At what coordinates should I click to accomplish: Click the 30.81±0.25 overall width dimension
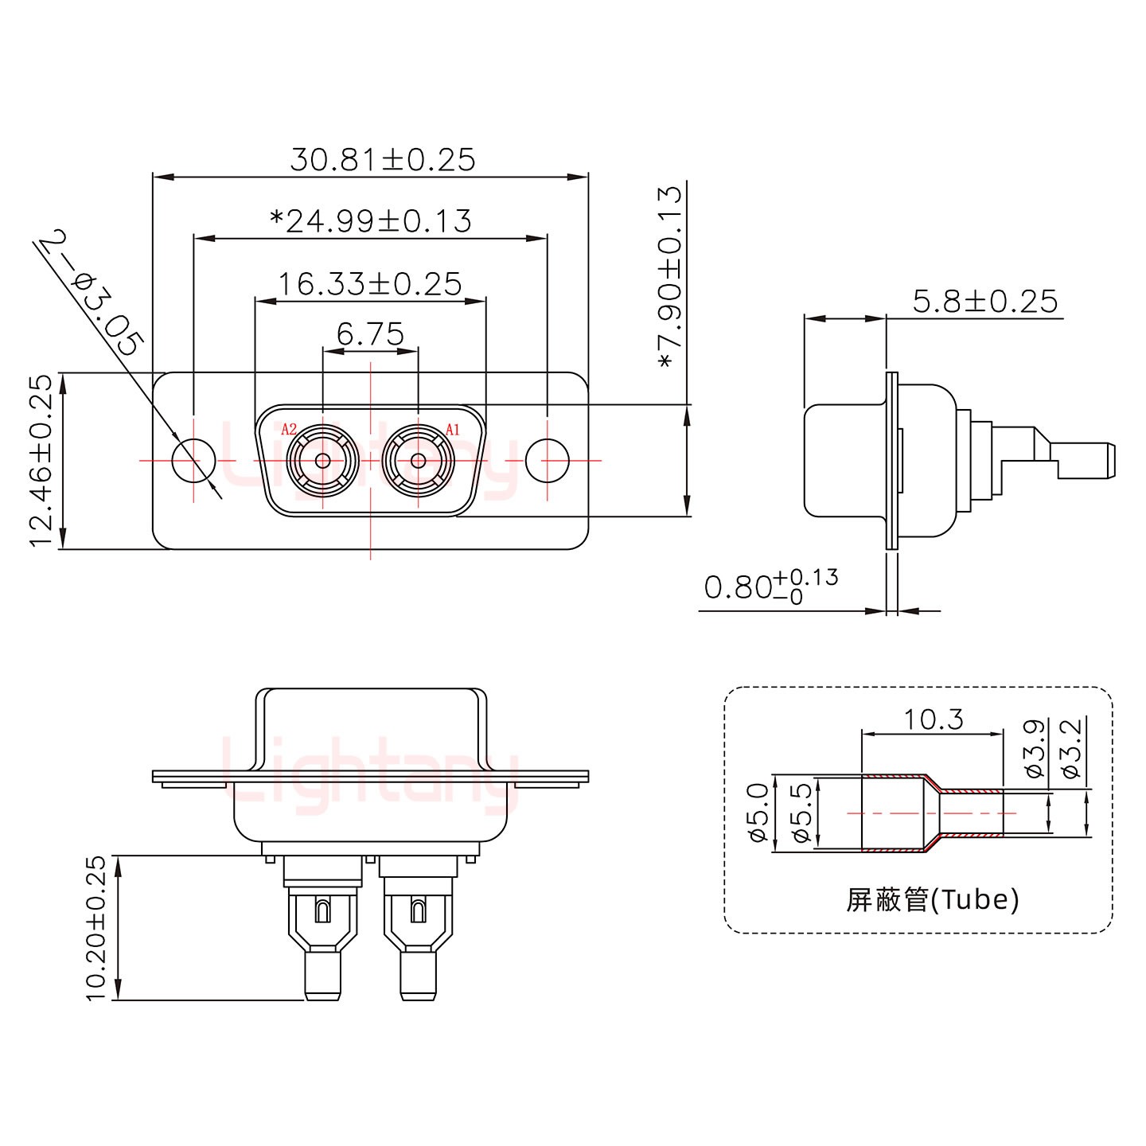pos(382,160)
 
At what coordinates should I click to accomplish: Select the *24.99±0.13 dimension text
pos(371,220)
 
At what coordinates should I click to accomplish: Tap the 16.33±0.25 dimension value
pos(370,283)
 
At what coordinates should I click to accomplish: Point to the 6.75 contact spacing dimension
pos(370,335)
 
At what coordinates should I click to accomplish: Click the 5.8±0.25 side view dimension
pos(985,302)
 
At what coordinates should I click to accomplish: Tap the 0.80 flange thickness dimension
pos(770,587)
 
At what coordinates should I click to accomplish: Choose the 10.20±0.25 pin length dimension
pos(95,928)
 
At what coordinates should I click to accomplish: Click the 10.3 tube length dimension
pos(933,719)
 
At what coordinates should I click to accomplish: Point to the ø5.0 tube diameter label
pos(758,813)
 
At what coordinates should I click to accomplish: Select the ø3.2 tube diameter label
pos(1070,749)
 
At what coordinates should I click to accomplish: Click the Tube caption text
pos(932,900)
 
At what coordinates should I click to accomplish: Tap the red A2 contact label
pos(290,430)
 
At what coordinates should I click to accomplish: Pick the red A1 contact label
pos(452,430)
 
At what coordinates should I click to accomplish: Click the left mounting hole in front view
pos(194,461)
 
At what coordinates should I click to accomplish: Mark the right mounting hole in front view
pos(548,461)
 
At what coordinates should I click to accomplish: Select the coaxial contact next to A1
pos(417,461)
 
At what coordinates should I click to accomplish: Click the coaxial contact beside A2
pos(323,461)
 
